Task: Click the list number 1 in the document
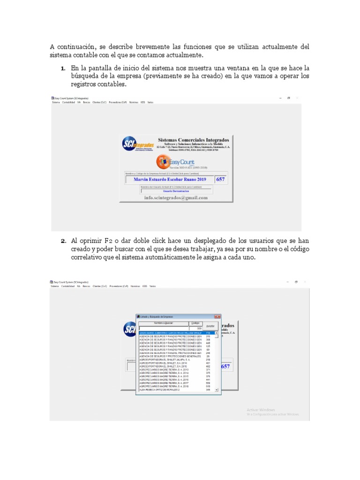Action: pyautogui.click(x=62, y=68)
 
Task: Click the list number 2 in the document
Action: pyautogui.click(x=62, y=241)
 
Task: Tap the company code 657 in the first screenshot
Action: pyautogui.click(x=220, y=180)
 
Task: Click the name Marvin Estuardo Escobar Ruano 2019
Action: pyautogui.click(x=170, y=180)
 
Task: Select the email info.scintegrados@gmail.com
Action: pyautogui.click(x=176, y=198)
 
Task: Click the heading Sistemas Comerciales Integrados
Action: pyautogui.click(x=194, y=140)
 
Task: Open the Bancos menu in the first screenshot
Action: pyautogui.click(x=87, y=102)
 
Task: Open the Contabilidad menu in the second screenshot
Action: pyautogui.click(x=68, y=286)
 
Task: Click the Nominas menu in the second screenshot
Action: pyautogui.click(x=135, y=286)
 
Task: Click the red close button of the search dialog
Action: pyautogui.click(x=217, y=317)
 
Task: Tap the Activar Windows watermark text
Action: pyautogui.click(x=261, y=410)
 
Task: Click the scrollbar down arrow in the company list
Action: pyautogui.click(x=217, y=390)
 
